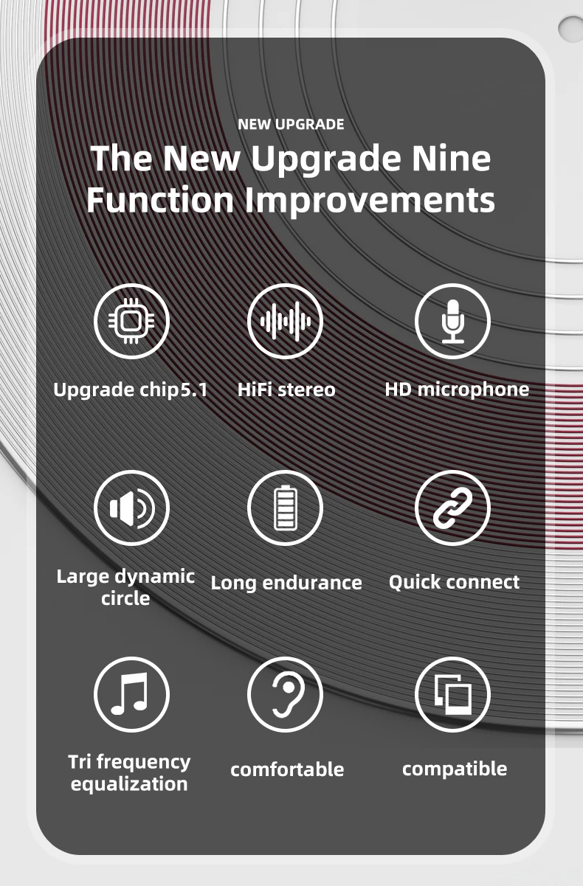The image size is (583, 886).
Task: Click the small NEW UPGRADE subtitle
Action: [x=291, y=124]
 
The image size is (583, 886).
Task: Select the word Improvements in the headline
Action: [x=370, y=201]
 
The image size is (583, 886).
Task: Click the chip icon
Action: [x=131, y=321]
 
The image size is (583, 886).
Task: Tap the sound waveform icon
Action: [x=285, y=321]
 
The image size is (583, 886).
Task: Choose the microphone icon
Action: [x=452, y=321]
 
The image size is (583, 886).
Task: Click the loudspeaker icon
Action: [x=131, y=508]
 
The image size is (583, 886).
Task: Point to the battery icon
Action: [x=285, y=508]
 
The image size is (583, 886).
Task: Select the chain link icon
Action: [x=452, y=508]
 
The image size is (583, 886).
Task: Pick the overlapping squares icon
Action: [x=452, y=694]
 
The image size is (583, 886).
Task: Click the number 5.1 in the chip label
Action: [x=194, y=390]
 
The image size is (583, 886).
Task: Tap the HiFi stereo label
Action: [x=286, y=390]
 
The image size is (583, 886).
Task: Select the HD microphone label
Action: [x=457, y=390]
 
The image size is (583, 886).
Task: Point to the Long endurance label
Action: [x=286, y=583]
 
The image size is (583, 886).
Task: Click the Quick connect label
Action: [x=454, y=582]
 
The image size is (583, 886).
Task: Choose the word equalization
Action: [x=129, y=784]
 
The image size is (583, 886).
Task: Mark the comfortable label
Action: [x=287, y=769]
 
